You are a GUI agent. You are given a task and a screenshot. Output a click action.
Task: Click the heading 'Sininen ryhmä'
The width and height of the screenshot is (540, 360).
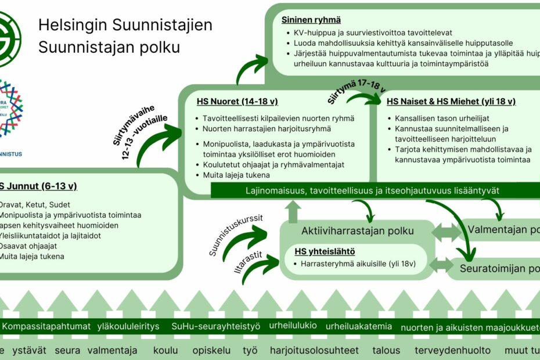(x=311, y=20)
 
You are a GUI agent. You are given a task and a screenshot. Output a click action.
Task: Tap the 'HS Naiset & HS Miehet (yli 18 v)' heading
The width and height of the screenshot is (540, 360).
(x=451, y=102)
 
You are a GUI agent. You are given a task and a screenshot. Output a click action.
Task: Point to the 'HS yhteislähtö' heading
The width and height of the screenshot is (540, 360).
(x=325, y=251)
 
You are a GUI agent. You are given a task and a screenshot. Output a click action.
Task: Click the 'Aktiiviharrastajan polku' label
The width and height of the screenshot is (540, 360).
(x=357, y=231)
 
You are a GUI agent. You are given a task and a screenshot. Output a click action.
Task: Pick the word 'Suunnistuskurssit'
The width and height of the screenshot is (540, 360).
(x=236, y=236)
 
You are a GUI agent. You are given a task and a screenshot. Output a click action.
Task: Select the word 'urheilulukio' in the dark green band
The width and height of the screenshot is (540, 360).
(x=293, y=325)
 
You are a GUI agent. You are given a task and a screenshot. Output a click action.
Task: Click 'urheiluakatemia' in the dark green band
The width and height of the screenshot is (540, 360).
(x=359, y=326)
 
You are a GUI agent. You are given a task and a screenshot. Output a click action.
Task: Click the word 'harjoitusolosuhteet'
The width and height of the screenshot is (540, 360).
(x=314, y=351)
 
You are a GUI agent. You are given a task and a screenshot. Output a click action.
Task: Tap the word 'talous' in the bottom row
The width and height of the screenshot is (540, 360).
(x=386, y=351)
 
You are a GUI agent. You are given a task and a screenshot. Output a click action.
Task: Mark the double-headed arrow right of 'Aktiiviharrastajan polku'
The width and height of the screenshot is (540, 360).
(x=447, y=232)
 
